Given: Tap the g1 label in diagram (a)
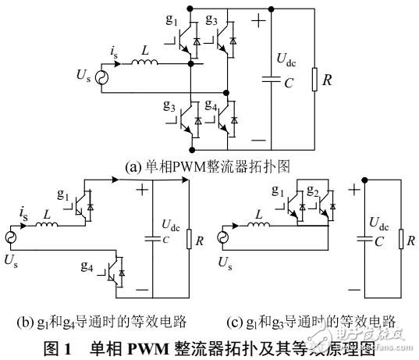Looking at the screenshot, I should tap(176, 16).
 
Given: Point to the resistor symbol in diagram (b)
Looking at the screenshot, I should tap(188, 237).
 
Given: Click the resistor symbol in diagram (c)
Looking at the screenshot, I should tap(399, 240).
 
